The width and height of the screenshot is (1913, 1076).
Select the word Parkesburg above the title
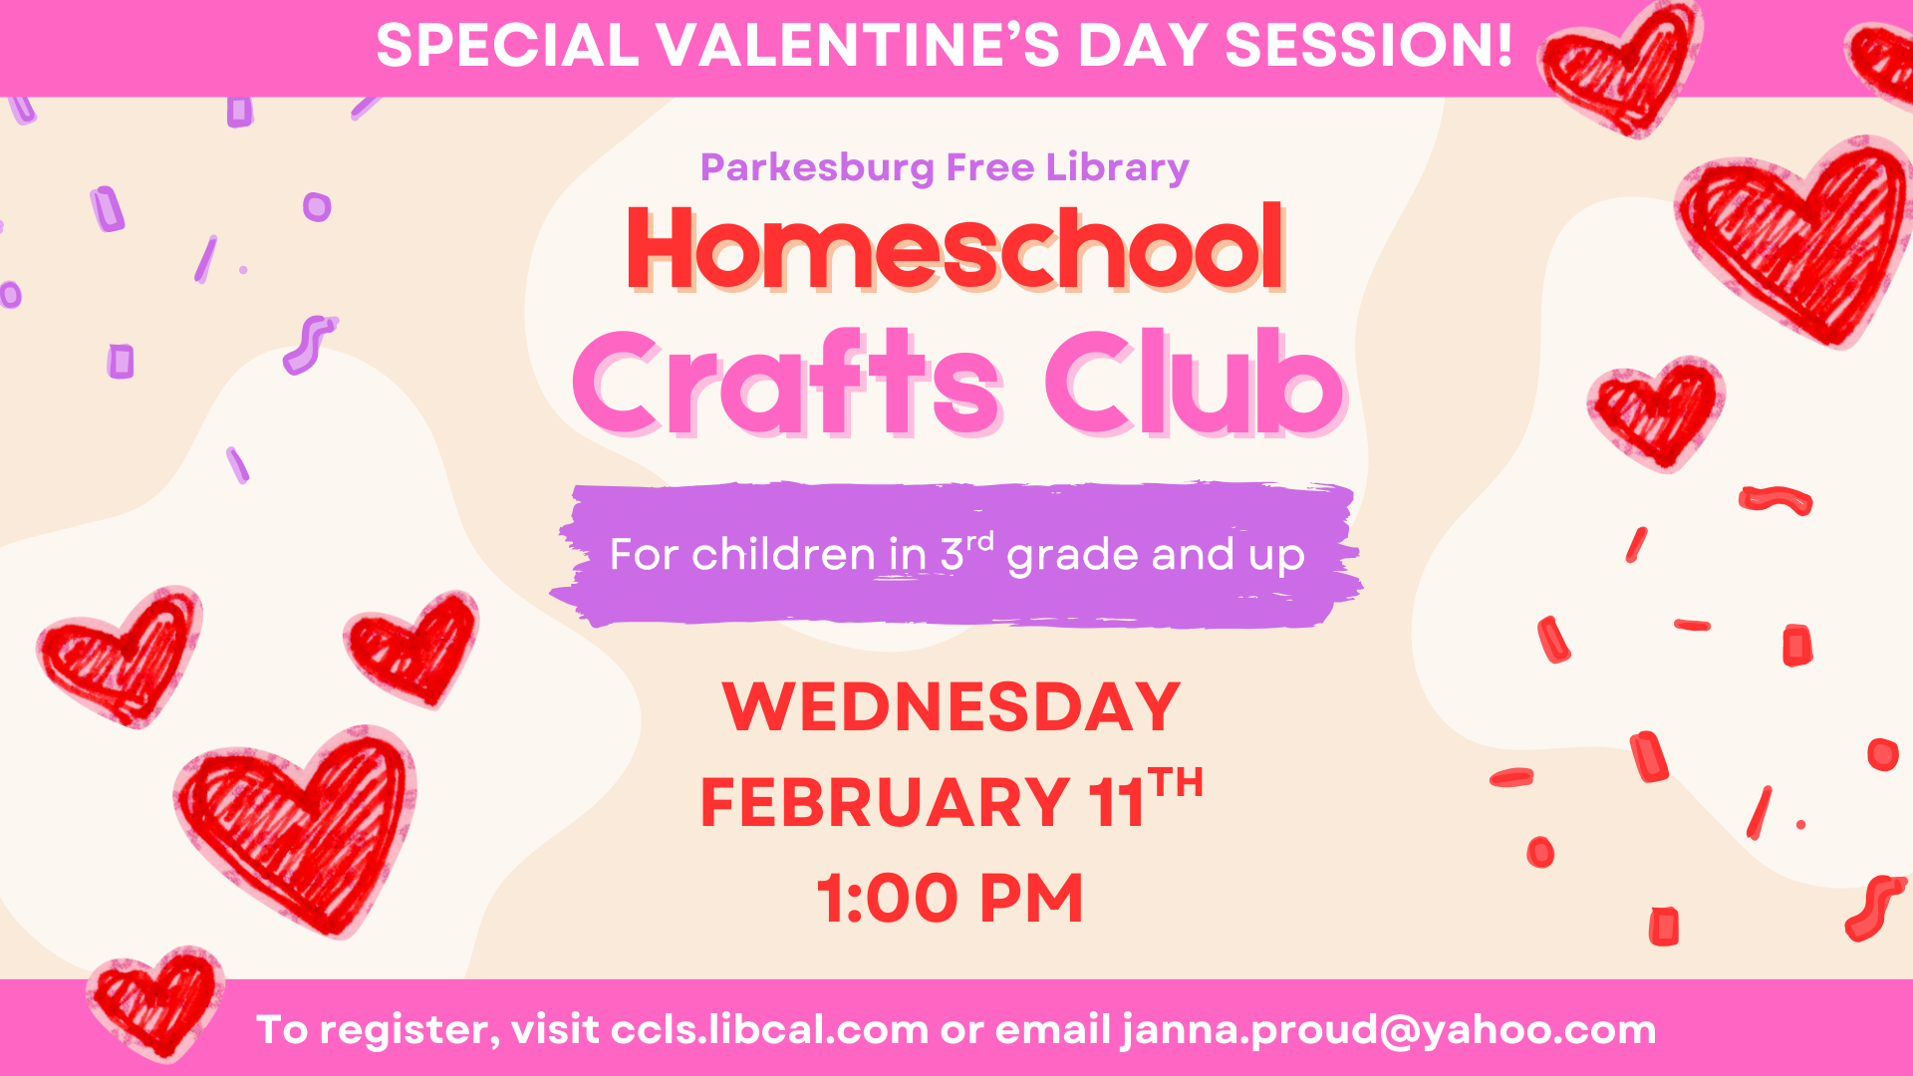pyautogui.click(x=817, y=168)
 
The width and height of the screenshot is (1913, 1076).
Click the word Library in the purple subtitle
pyautogui.click(x=1117, y=168)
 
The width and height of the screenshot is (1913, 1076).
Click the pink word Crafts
pyautogui.click(x=786, y=384)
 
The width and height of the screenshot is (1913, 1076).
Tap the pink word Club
pyautogui.click(x=1195, y=384)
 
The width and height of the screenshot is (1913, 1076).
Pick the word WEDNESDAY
pyautogui.click(x=952, y=707)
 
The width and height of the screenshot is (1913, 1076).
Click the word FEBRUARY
pyautogui.click(x=885, y=803)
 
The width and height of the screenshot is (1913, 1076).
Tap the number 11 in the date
pyautogui.click(x=1117, y=803)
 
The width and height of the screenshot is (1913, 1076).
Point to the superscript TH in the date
pyautogui.click(x=1176, y=784)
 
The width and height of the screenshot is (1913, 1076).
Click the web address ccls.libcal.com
pyautogui.click(x=769, y=1030)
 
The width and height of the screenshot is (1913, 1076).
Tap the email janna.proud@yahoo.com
pyautogui.click(x=1389, y=1030)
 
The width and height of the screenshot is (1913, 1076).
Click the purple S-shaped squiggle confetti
pyautogui.click(x=308, y=344)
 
